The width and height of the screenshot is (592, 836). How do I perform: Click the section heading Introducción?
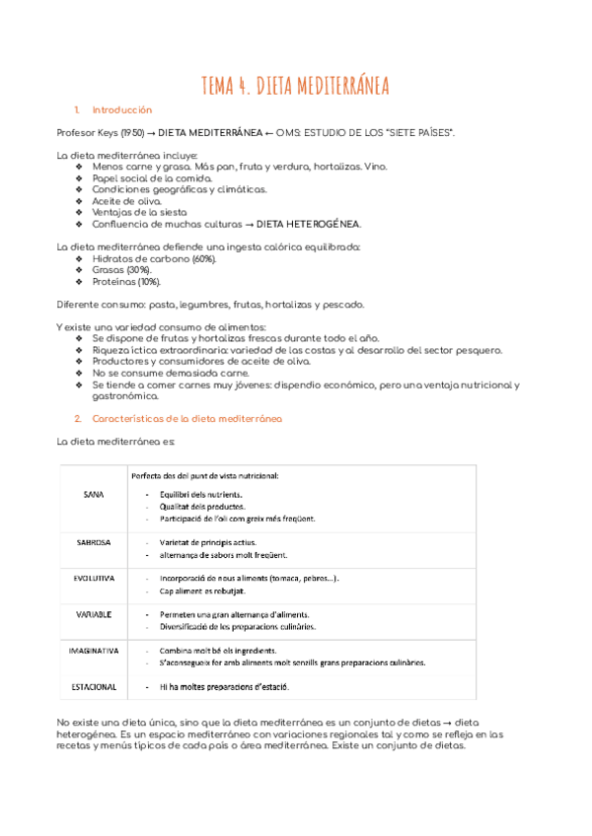click(122, 109)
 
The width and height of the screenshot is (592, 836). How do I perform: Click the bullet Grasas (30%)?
click(121, 269)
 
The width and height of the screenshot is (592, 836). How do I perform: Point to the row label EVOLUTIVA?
click(95, 578)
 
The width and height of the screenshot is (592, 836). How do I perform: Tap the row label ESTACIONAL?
click(95, 686)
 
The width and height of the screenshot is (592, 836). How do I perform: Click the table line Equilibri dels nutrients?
click(201, 494)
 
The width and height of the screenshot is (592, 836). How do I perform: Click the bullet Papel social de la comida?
click(144, 178)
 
